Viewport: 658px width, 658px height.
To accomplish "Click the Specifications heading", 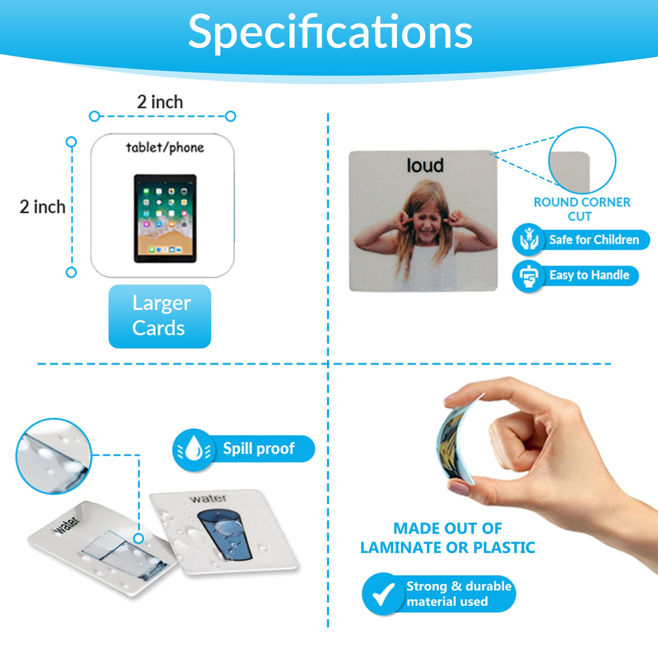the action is (330, 32).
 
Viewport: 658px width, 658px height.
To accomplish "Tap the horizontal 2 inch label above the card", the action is (160, 102).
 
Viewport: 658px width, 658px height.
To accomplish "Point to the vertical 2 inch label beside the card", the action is (42, 207).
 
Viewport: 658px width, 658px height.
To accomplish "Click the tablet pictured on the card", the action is (165, 218).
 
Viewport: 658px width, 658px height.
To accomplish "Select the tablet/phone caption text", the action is (165, 148).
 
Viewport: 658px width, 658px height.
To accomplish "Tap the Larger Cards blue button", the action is (160, 316).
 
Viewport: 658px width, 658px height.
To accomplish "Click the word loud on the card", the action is (425, 165).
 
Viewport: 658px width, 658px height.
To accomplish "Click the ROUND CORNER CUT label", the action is (582, 209).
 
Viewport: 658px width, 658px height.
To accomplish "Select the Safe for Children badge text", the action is (594, 240).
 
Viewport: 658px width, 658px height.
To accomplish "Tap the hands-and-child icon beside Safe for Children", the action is (529, 240).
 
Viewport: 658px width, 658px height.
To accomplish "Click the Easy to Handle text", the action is (589, 275).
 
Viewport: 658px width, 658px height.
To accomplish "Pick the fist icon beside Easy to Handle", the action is (529, 276).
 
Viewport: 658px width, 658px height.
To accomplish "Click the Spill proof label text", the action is (258, 449).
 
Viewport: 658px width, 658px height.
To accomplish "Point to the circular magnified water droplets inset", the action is (54, 456).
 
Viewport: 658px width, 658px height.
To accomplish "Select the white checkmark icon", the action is (383, 594).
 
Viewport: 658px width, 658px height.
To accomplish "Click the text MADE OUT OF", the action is (447, 529).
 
